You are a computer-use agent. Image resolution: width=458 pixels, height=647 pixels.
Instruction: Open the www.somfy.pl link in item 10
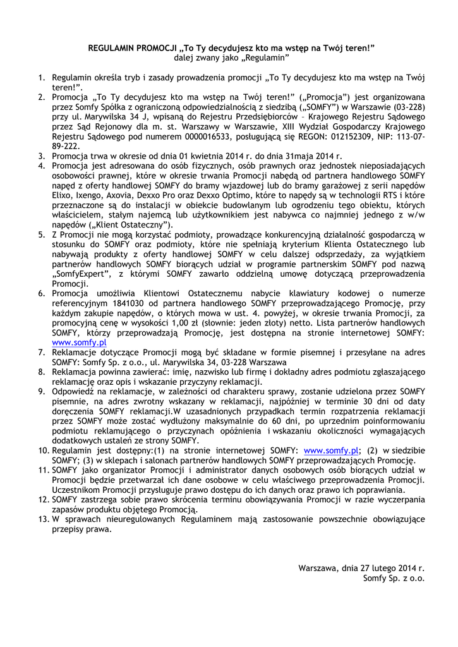point(332,450)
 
